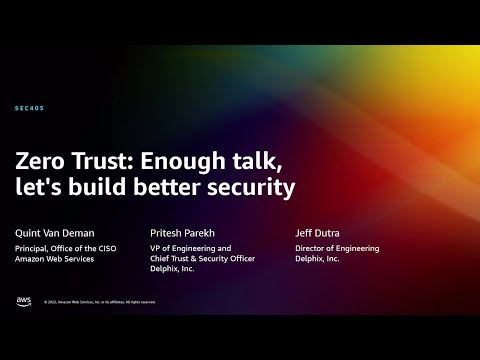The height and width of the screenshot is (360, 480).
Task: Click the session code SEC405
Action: click(x=30, y=108)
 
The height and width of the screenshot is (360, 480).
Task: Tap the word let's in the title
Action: click(x=41, y=186)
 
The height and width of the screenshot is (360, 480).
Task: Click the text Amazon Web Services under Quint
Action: click(x=61, y=259)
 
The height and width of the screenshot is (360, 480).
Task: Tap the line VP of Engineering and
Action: click(x=189, y=248)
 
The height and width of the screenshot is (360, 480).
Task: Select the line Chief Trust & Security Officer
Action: click(x=201, y=259)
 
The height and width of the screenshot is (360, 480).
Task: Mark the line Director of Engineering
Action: click(x=335, y=248)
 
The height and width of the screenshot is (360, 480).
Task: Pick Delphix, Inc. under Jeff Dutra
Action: click(x=317, y=259)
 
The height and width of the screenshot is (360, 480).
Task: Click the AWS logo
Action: click(x=24, y=300)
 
